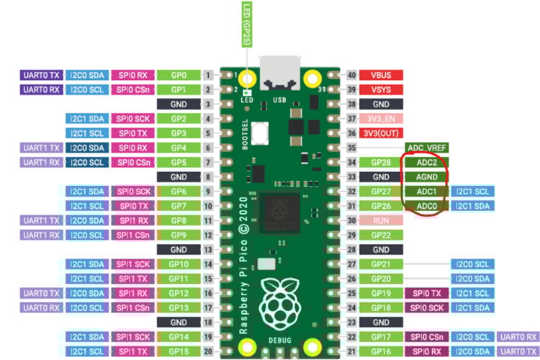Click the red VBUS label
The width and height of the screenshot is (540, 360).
(x=381, y=74)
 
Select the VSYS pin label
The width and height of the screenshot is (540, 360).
(x=381, y=89)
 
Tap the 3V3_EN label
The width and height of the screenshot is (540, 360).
(x=381, y=118)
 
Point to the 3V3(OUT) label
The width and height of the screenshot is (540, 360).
(x=381, y=133)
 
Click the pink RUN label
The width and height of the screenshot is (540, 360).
(x=381, y=221)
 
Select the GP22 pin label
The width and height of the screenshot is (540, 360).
(x=381, y=235)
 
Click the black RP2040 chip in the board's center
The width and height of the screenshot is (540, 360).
(x=282, y=210)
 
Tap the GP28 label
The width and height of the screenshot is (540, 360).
(x=381, y=163)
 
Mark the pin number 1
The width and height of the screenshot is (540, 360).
(x=208, y=74)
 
